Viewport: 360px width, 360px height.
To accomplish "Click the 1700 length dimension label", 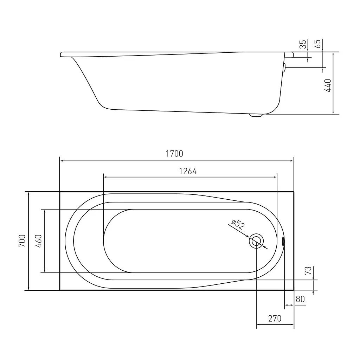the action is [x=174, y=154].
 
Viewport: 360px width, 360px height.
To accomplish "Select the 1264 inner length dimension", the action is [x=188, y=171].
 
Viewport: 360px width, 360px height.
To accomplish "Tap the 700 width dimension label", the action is [x=22, y=241].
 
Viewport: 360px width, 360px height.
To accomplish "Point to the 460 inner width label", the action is [x=38, y=241].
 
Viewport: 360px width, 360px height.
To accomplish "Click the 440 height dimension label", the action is [x=328, y=85].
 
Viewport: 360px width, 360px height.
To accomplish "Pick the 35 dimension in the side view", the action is [x=303, y=44].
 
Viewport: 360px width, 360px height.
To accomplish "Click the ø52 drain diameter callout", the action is [x=238, y=225].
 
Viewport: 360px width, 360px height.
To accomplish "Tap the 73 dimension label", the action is [x=308, y=270].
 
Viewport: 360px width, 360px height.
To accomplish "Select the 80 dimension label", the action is [x=300, y=299].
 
